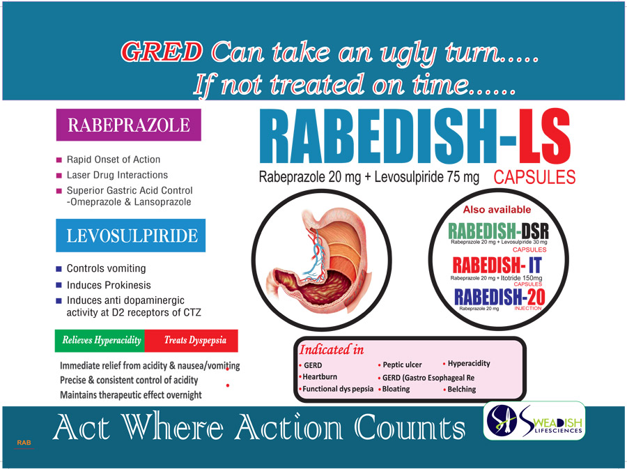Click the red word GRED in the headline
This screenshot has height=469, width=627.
click(162, 52)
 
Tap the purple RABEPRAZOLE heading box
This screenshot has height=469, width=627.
click(128, 125)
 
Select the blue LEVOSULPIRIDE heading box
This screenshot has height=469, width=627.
click(131, 236)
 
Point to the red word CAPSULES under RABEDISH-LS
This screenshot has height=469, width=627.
click(534, 177)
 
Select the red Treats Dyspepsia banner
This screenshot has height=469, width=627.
click(192, 341)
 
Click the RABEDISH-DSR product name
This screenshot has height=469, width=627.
click(498, 231)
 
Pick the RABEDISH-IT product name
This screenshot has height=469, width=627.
click(497, 265)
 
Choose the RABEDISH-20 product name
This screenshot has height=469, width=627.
click(500, 297)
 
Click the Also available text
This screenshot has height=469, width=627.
click(497, 210)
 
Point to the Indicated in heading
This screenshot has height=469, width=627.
click(332, 350)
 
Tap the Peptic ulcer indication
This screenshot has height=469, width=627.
click(402, 364)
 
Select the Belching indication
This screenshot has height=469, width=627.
click(461, 389)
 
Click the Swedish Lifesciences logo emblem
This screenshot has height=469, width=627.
click(502, 421)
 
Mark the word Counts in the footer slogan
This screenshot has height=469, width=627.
click(410, 427)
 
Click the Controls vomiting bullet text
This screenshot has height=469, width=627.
click(106, 268)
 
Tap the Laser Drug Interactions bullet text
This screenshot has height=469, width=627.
click(117, 175)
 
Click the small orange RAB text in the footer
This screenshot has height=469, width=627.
click(24, 443)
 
